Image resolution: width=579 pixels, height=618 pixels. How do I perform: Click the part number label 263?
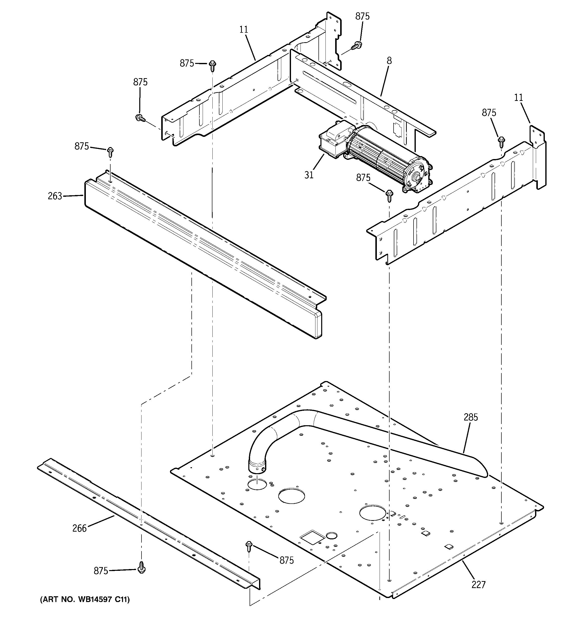click(55, 196)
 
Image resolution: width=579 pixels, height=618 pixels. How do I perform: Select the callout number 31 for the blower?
click(309, 175)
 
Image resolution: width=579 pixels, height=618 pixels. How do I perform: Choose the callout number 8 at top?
click(389, 61)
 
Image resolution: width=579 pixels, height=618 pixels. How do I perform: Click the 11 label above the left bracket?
click(244, 30)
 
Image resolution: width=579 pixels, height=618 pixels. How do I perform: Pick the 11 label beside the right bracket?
click(518, 98)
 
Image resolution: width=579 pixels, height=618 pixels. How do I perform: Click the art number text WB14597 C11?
click(85, 599)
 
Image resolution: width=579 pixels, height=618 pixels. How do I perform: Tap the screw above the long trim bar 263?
click(110, 152)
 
